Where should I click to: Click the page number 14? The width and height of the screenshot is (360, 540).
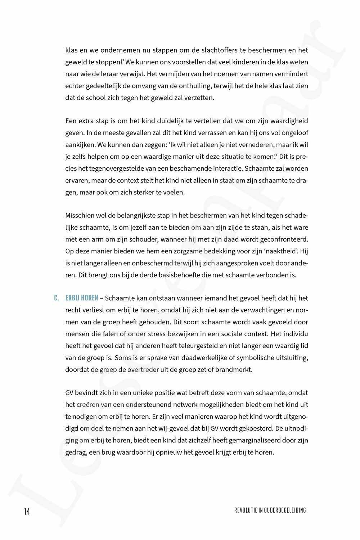pyautogui.click(x=27, y=512)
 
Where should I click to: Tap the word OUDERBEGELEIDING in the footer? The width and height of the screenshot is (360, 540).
pyautogui.click(x=285, y=510)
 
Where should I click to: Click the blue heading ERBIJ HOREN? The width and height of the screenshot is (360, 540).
pyautogui.click(x=81, y=298)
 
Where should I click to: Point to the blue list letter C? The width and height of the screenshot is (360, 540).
pyautogui.click(x=56, y=298)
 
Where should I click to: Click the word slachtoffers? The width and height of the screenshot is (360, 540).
pyautogui.click(x=219, y=50)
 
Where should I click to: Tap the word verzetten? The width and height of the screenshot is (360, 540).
pyautogui.click(x=199, y=98)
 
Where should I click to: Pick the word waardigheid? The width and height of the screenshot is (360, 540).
pyautogui.click(x=290, y=121)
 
